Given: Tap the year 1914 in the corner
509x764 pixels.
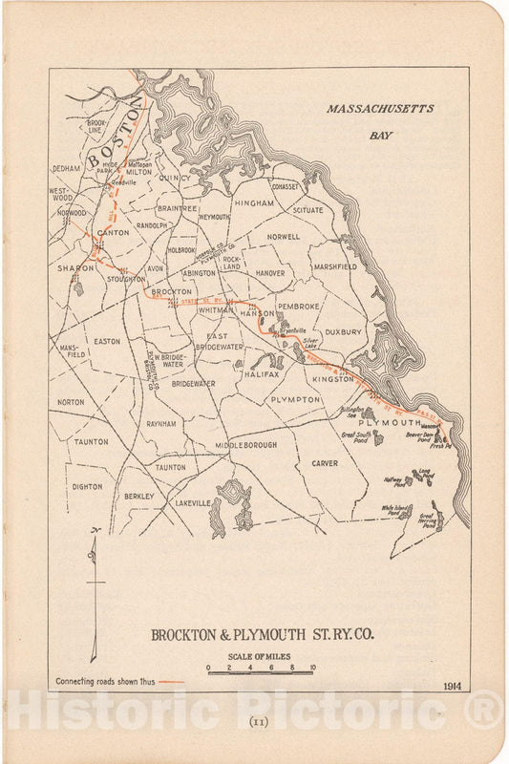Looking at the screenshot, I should coord(455,685).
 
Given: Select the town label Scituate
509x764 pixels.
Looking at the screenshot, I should coord(308,210).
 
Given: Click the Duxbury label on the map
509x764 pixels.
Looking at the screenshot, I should coord(344,331).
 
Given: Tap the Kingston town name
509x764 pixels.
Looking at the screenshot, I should coord(333,379).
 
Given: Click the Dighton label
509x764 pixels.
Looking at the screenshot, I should coord(87,486).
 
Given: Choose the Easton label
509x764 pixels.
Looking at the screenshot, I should coord(106,340).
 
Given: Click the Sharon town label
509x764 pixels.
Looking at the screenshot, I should coord(75,268).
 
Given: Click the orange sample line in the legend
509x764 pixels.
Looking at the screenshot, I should coord(172,682).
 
